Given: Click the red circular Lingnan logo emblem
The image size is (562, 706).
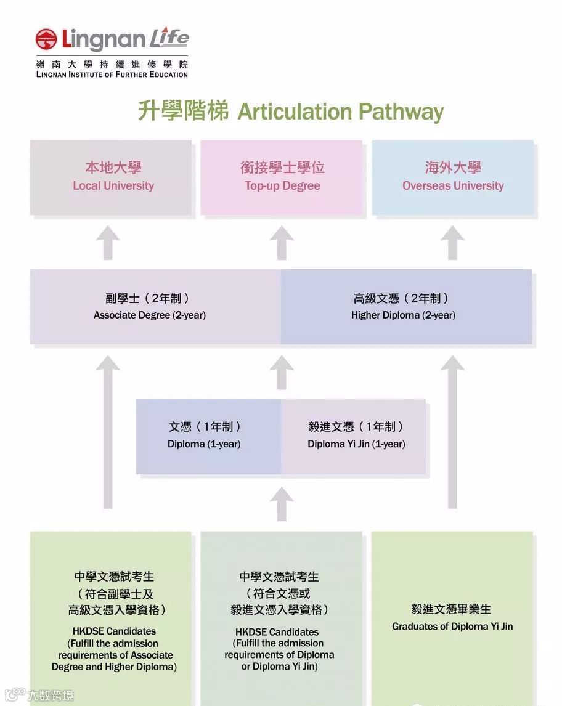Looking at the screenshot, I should click(46, 39).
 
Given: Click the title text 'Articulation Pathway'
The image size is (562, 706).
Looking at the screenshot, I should click(340, 112).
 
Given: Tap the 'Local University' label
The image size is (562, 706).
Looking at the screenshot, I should click(113, 185).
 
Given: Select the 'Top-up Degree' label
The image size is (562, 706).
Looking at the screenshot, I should click(282, 185).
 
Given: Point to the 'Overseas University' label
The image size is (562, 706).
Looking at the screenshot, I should click(453, 185).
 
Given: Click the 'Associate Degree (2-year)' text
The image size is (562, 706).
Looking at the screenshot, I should click(150, 315).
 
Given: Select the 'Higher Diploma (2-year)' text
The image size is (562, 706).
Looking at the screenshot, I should click(403, 315).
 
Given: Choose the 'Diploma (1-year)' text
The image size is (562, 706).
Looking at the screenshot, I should click(204, 444).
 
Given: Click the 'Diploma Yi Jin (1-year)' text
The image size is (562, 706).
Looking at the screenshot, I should click(356, 444).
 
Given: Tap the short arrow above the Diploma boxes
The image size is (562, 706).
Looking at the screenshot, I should click(282, 373).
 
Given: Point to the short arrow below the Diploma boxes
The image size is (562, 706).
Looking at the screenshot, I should click(282, 503).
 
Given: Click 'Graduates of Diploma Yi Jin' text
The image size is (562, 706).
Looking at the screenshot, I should click(452, 627).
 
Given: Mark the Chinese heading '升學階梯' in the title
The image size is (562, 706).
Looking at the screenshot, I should click(183, 112).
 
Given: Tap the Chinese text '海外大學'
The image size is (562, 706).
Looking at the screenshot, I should click(453, 168).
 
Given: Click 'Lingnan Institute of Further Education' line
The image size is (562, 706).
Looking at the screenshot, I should click(112, 75).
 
